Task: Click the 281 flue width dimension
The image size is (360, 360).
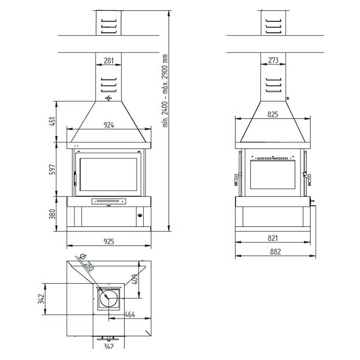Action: pos(109,61)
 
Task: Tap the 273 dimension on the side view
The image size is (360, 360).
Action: pos(273,61)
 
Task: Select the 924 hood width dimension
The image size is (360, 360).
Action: pos(109,125)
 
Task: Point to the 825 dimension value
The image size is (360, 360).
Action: pos(273,114)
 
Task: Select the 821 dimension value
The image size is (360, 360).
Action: pos(273,238)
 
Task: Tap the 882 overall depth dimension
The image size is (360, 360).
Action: pos(275,252)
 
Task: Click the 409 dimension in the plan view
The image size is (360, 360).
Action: pos(135,280)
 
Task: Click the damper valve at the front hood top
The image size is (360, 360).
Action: pos(109,98)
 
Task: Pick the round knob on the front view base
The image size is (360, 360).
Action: pos(139,215)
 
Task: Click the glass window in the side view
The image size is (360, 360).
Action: pos(273,174)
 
